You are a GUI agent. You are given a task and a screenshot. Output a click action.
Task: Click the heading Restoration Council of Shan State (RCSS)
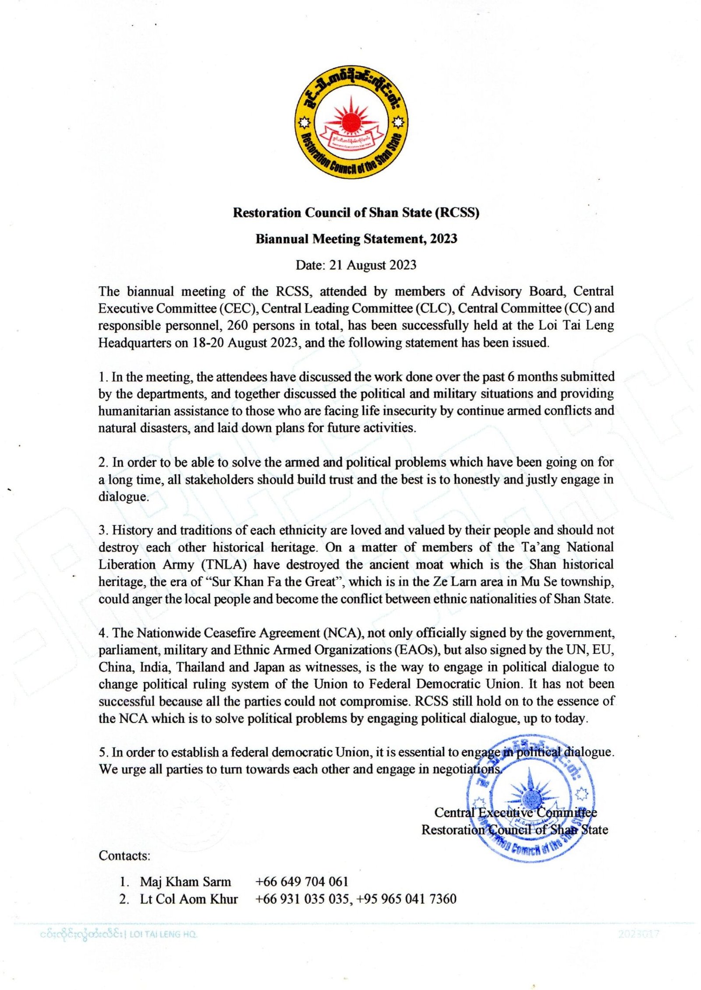click(356, 213)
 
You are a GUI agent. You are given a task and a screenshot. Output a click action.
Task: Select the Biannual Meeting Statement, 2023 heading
click(356, 239)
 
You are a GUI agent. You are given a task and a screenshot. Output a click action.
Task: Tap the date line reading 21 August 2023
click(356, 265)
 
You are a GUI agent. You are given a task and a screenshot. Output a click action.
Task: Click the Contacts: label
click(124, 856)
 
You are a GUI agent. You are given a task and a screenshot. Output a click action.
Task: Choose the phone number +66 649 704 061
click(301, 881)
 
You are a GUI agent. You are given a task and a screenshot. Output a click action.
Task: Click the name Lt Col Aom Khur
click(189, 899)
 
